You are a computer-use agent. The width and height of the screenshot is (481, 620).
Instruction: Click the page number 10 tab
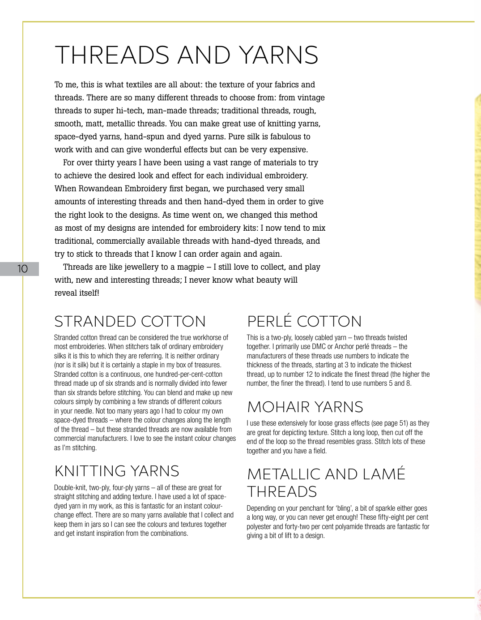click(22, 269)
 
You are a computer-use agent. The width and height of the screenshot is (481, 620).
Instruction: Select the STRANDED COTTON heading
click(130, 321)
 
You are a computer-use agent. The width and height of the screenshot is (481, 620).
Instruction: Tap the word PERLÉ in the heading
click(269, 321)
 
